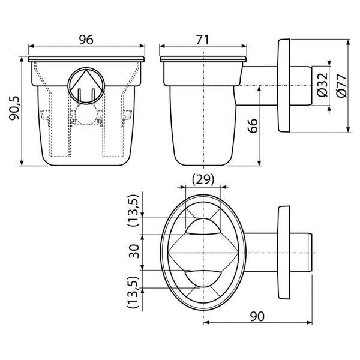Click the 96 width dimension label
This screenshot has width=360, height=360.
(x=86, y=40)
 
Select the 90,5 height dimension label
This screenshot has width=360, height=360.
(x=14, y=108)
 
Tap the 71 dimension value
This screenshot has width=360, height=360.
(x=203, y=40)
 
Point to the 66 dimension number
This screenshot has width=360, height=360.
(x=253, y=125)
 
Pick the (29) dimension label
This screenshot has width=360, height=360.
(x=203, y=179)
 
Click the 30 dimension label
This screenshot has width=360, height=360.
(x=134, y=251)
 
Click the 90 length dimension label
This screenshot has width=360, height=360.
(x=257, y=316)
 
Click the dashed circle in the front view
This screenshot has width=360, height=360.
(x=86, y=115)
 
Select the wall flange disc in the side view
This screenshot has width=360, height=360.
(x=284, y=86)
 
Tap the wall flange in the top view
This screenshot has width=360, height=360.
(x=284, y=253)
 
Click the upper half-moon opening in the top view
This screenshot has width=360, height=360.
(x=203, y=227)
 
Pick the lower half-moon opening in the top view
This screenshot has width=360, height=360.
(x=203, y=278)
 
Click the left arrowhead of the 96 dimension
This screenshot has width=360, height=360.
(x=31, y=46)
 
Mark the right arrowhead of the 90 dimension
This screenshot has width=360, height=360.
(x=310, y=323)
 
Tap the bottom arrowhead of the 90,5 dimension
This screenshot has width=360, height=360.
(x=22, y=163)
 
